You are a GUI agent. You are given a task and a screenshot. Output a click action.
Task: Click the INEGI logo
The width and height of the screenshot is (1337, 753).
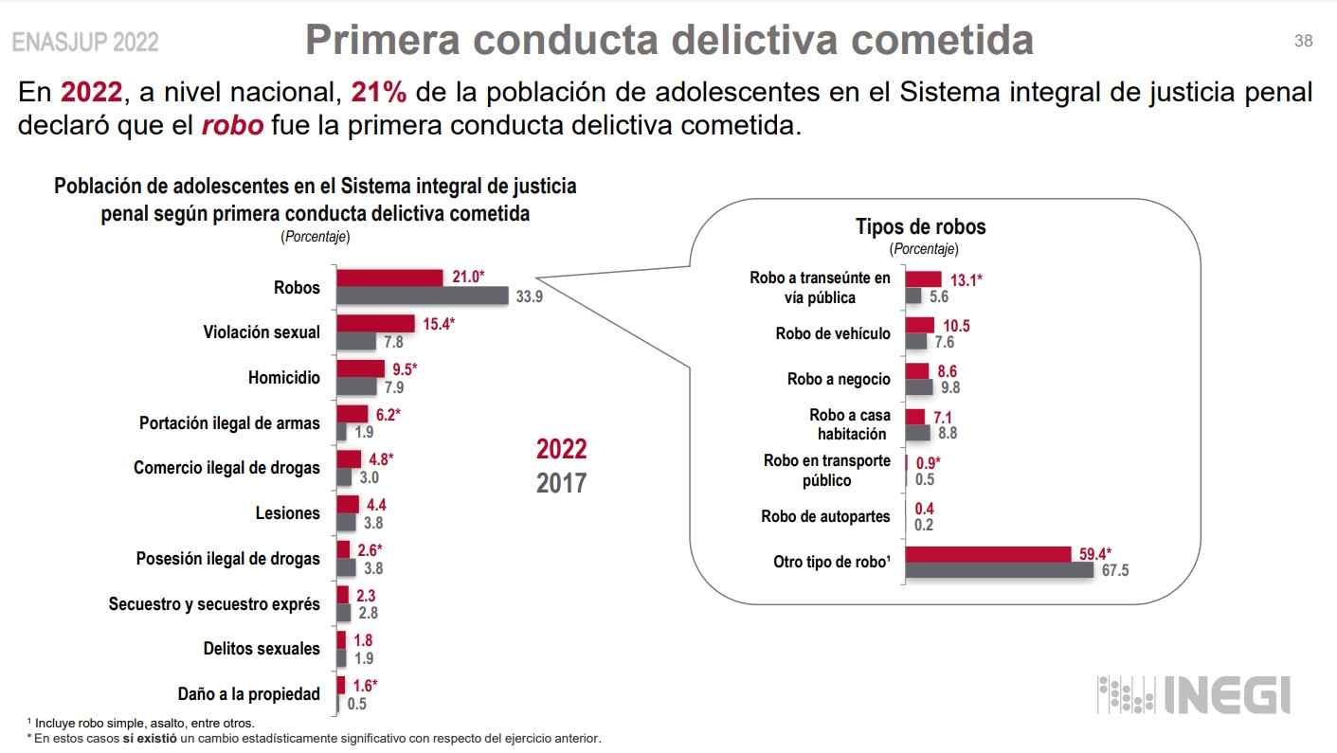click(x=1193, y=695)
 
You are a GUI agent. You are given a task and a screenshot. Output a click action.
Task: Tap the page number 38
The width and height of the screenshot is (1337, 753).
click(x=1303, y=41)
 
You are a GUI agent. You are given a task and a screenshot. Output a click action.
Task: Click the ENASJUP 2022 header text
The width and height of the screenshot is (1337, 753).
click(x=85, y=43)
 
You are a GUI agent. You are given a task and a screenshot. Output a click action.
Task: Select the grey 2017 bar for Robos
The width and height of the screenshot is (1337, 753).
click(x=423, y=296)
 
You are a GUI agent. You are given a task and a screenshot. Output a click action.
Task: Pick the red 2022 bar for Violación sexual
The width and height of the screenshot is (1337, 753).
click(x=376, y=324)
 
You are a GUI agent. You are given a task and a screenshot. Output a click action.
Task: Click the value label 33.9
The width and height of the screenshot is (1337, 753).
click(x=529, y=296)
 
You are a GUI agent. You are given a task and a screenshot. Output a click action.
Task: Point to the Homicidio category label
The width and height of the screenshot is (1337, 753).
click(x=284, y=377)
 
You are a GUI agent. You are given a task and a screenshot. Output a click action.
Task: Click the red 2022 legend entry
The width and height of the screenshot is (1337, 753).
click(x=561, y=449)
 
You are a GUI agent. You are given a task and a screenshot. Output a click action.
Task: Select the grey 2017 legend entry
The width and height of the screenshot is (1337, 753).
click(x=561, y=483)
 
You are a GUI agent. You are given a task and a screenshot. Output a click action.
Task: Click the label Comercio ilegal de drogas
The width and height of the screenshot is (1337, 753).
click(x=226, y=468)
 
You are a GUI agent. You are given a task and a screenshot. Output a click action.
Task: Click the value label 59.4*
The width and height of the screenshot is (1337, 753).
click(x=1095, y=553)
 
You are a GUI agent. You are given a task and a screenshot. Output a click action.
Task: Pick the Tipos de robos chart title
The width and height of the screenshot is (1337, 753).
click(x=920, y=226)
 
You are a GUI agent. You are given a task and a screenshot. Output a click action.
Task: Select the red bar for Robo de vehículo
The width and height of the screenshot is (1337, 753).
click(x=919, y=325)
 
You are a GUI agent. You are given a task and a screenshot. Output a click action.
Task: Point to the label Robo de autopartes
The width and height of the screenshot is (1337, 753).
click(x=825, y=516)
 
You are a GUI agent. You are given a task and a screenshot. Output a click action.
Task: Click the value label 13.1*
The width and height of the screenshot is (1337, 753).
click(x=966, y=279)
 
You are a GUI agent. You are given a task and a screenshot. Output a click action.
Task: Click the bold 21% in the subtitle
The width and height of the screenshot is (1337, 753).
click(x=379, y=92)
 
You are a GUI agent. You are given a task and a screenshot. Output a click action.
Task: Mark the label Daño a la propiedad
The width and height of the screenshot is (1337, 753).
click(x=249, y=694)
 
